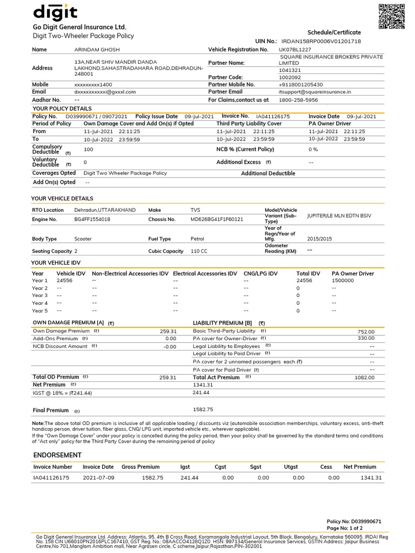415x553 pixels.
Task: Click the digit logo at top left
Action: point(56,12)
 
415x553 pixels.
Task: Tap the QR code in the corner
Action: point(391,16)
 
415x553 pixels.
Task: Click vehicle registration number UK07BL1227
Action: point(295,50)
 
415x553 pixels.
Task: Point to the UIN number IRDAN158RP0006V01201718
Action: point(321,41)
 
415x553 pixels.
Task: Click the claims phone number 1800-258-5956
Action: point(298,100)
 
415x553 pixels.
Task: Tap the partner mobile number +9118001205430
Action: point(300,85)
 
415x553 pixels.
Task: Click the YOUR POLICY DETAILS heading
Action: point(62,109)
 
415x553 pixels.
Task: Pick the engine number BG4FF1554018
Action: point(92,219)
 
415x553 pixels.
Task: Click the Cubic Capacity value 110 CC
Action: point(199,251)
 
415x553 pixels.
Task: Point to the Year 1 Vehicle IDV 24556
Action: point(64,281)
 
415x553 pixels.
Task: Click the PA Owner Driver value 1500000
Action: point(343,281)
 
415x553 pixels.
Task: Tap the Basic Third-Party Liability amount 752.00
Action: point(366,332)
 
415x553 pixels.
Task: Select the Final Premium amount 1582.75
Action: point(203,409)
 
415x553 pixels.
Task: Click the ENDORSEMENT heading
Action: point(57,455)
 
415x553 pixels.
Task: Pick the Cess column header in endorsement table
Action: point(326,467)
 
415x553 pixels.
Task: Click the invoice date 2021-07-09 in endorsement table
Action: point(98,478)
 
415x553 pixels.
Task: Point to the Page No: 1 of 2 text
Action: point(345,528)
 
